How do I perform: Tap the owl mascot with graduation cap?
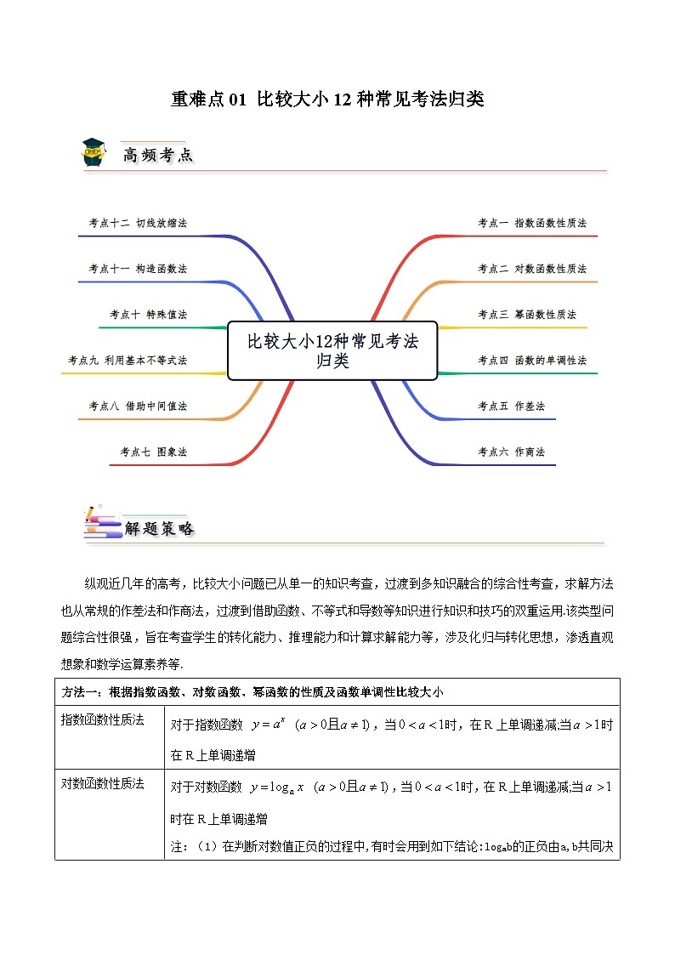coord(94,151)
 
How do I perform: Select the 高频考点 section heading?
coord(158,155)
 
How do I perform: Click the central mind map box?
coord(332,350)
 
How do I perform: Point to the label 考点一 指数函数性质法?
coord(532,223)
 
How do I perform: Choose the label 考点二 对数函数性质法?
coord(532,269)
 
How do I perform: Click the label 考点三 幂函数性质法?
coord(527,315)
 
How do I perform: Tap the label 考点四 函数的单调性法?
coord(532,361)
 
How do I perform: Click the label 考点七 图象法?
coord(153,452)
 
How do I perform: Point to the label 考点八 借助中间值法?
coord(138,406)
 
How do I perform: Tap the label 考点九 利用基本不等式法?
coord(128,361)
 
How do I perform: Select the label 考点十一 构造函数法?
coord(138,269)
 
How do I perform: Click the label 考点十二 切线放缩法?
coord(138,223)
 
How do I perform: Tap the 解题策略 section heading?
coord(160,528)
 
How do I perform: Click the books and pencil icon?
coord(101,524)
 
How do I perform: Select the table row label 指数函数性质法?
coord(102,720)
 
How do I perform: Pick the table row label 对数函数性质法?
coord(102,783)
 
